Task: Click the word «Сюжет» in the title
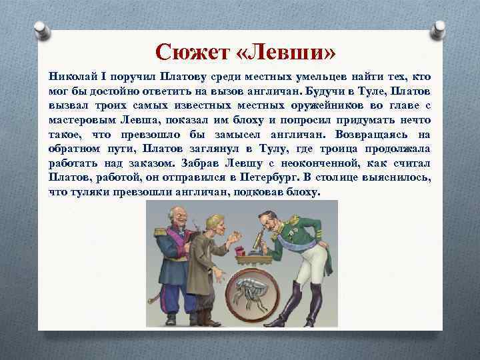click(x=188, y=51)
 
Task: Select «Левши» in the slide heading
click(x=279, y=51)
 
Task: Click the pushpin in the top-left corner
click(x=41, y=29)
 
